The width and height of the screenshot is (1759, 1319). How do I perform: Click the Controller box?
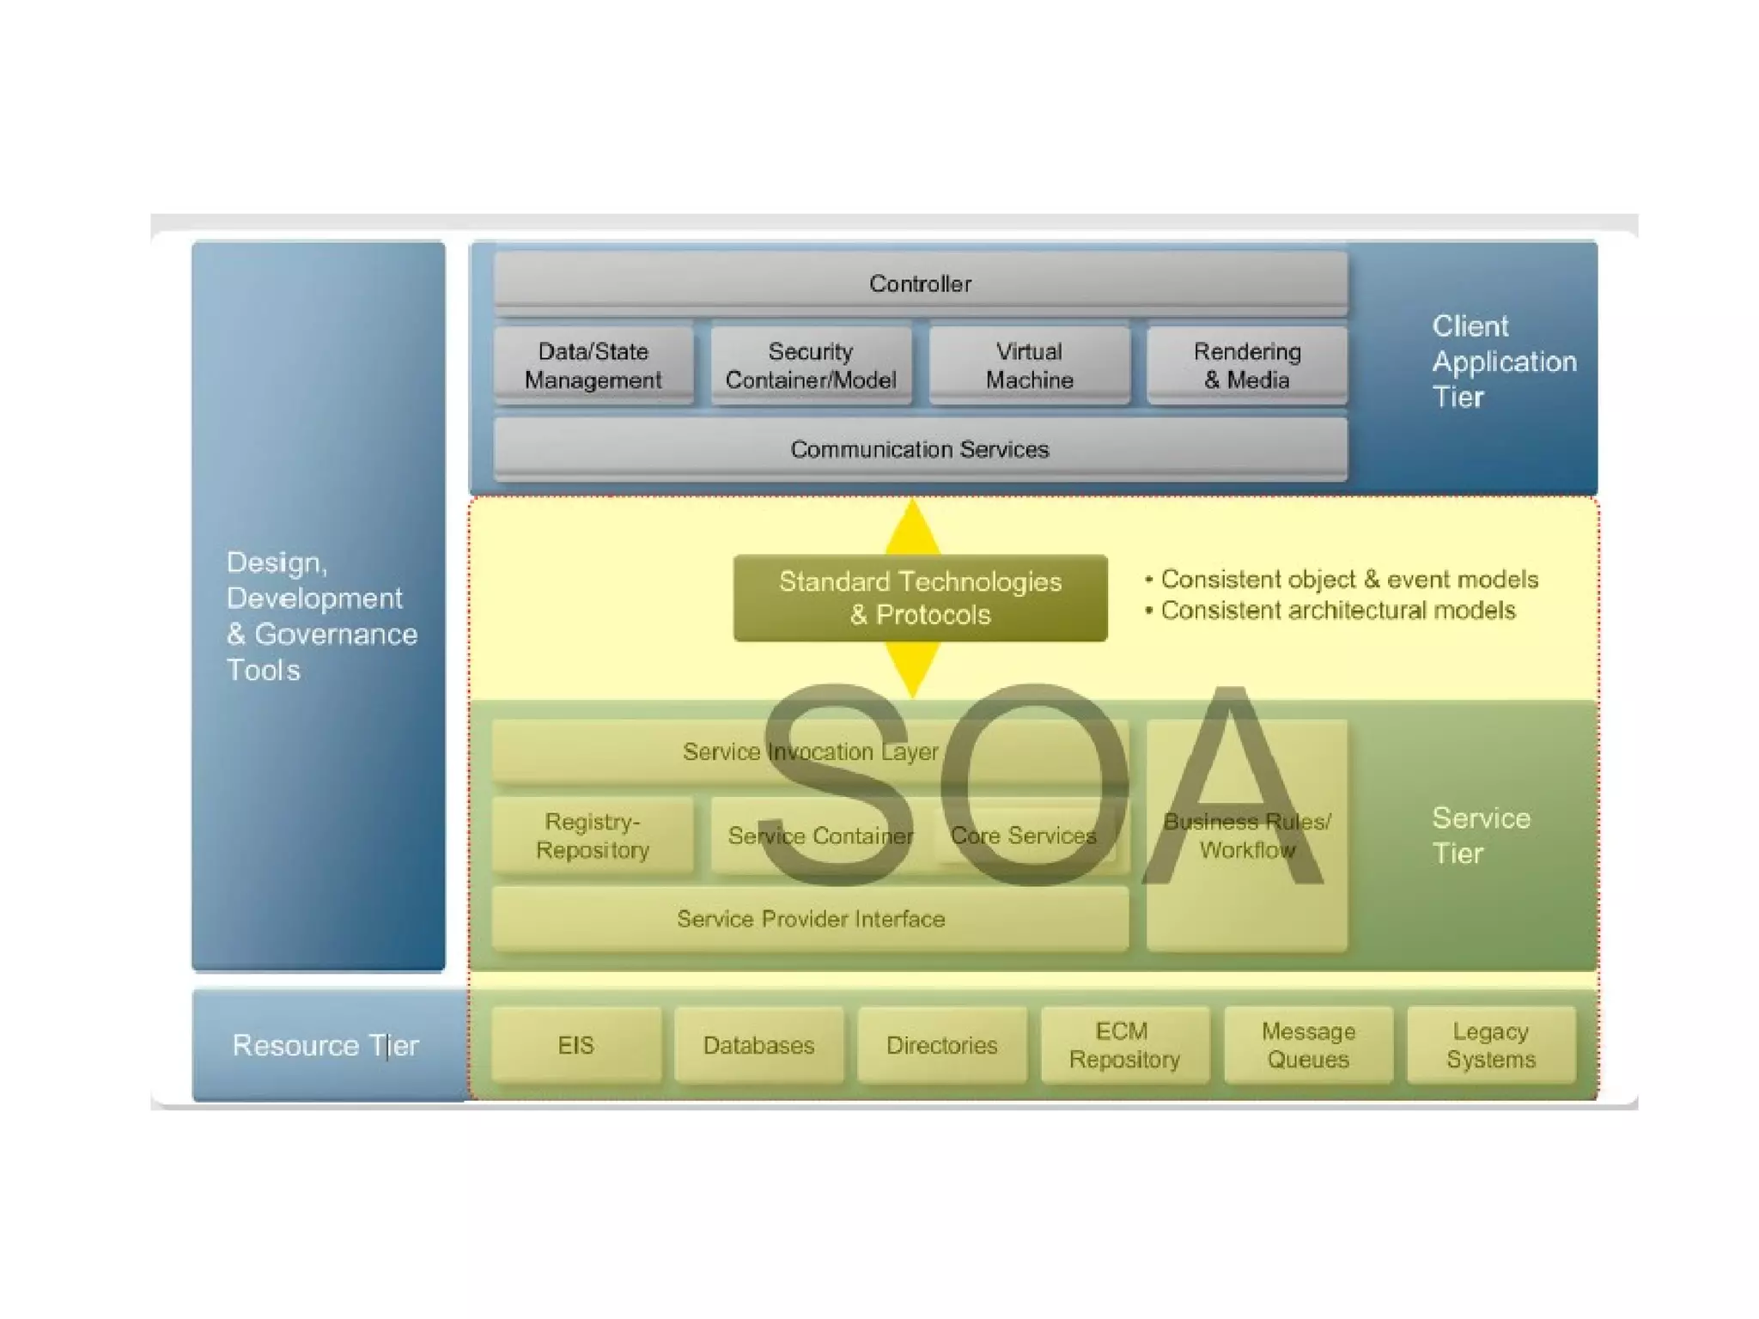click(x=920, y=283)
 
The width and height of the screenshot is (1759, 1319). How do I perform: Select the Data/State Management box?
click(x=593, y=365)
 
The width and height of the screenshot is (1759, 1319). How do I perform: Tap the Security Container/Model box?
click(x=811, y=365)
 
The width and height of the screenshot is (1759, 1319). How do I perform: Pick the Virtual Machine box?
click(x=1029, y=365)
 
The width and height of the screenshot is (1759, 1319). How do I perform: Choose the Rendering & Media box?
click(x=1247, y=365)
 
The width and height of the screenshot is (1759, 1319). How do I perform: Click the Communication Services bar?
click(x=920, y=449)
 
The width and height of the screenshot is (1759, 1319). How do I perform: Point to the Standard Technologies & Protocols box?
click(x=920, y=598)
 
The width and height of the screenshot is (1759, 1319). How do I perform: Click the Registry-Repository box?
click(x=593, y=836)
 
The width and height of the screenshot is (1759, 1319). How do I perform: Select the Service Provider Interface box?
click(x=810, y=919)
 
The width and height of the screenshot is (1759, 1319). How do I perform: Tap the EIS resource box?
click(x=575, y=1045)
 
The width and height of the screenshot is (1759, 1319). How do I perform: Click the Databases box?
click(x=758, y=1045)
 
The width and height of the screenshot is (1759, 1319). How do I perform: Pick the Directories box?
click(x=941, y=1045)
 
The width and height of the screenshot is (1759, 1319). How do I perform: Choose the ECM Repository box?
click(x=1124, y=1045)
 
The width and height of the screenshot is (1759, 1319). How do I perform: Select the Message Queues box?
click(x=1308, y=1045)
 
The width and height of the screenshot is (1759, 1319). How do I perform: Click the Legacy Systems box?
click(x=1491, y=1045)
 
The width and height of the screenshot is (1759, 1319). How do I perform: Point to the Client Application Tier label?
click(x=1503, y=362)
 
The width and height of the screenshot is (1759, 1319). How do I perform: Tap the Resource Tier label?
click(x=326, y=1045)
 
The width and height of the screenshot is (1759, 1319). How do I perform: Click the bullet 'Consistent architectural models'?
click(x=1337, y=611)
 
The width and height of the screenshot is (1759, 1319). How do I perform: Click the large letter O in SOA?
click(x=1034, y=783)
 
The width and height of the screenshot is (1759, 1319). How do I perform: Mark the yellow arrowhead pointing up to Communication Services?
click(x=912, y=526)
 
